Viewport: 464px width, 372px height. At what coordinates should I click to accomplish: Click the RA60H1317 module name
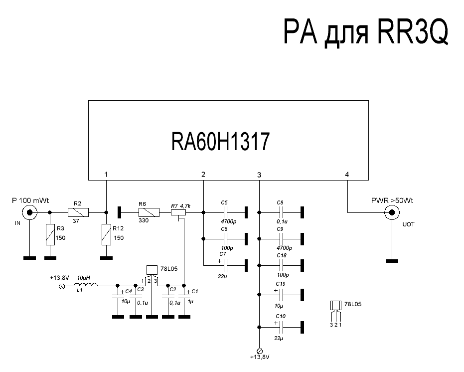tap(220, 142)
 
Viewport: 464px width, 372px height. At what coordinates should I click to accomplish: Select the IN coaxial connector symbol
tap(30, 213)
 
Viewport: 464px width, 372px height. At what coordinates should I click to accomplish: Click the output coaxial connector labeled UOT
tap(392, 213)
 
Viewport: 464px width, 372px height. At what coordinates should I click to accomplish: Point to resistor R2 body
tap(78, 213)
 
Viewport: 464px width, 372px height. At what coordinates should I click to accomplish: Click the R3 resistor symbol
tap(49, 234)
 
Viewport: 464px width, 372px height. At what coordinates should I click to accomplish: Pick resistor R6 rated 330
tap(149, 213)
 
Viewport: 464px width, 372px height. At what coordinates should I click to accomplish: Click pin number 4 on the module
tap(347, 175)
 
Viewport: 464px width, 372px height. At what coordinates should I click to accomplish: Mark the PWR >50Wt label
tap(392, 200)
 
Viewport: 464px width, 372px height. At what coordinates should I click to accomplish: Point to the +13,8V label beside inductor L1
tap(59, 277)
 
